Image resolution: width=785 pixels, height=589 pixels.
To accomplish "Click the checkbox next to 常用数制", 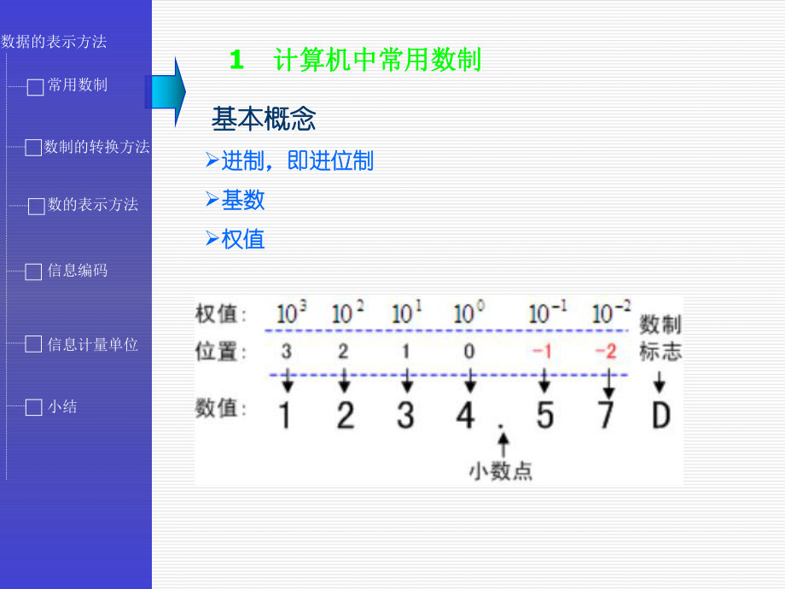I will [x=35, y=87].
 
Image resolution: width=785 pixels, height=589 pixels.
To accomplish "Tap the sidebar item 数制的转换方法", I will [x=96, y=147].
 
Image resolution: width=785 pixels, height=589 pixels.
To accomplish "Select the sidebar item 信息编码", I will [x=77, y=271].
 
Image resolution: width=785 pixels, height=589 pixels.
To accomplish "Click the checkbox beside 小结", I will [x=33, y=408].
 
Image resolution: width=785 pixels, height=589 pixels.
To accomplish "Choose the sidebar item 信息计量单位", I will [x=92, y=345].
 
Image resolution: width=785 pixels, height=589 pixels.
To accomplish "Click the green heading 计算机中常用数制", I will [x=377, y=60].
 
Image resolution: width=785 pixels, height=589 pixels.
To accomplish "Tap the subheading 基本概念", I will [x=264, y=120].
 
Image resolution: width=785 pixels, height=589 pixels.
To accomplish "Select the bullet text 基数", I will [x=243, y=200].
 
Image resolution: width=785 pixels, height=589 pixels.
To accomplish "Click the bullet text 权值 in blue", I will [x=243, y=239].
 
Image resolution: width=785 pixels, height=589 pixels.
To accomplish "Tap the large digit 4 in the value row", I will [x=465, y=415].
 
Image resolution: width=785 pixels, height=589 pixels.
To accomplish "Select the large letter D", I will [x=660, y=415].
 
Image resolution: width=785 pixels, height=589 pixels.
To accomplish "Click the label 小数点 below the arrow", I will [x=501, y=470].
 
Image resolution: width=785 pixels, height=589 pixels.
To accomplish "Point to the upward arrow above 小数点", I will [x=503, y=443].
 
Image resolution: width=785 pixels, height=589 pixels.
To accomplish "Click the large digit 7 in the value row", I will [x=606, y=415].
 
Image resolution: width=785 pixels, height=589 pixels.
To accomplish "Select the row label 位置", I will [x=221, y=352].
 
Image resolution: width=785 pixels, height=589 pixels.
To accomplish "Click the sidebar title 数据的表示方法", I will [x=54, y=41].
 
